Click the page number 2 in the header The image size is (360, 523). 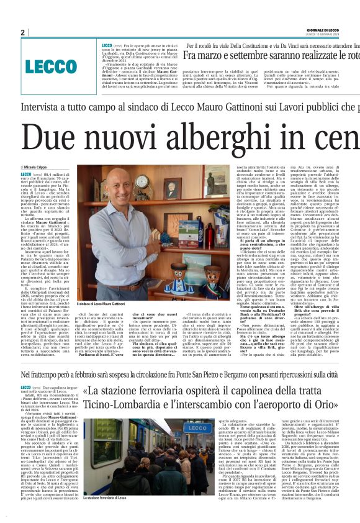click(x=22, y=32)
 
